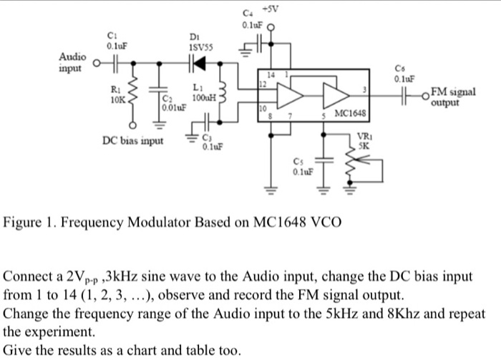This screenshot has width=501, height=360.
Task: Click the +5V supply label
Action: (271, 9)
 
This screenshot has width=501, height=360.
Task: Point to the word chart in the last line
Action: (136, 351)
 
